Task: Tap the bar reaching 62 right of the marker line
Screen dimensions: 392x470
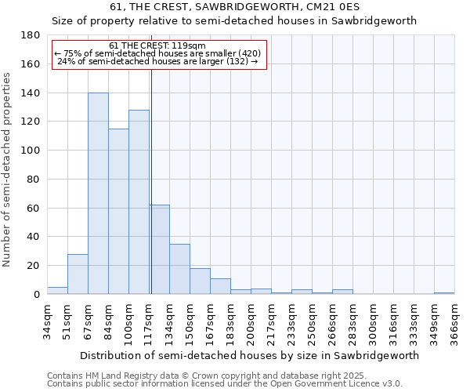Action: [x=160, y=249]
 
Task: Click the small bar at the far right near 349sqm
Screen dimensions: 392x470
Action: [x=444, y=293]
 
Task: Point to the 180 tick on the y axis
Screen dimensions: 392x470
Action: [x=31, y=35]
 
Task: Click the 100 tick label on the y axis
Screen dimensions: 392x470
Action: [x=31, y=151]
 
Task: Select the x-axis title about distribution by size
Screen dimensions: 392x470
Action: [x=249, y=355]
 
